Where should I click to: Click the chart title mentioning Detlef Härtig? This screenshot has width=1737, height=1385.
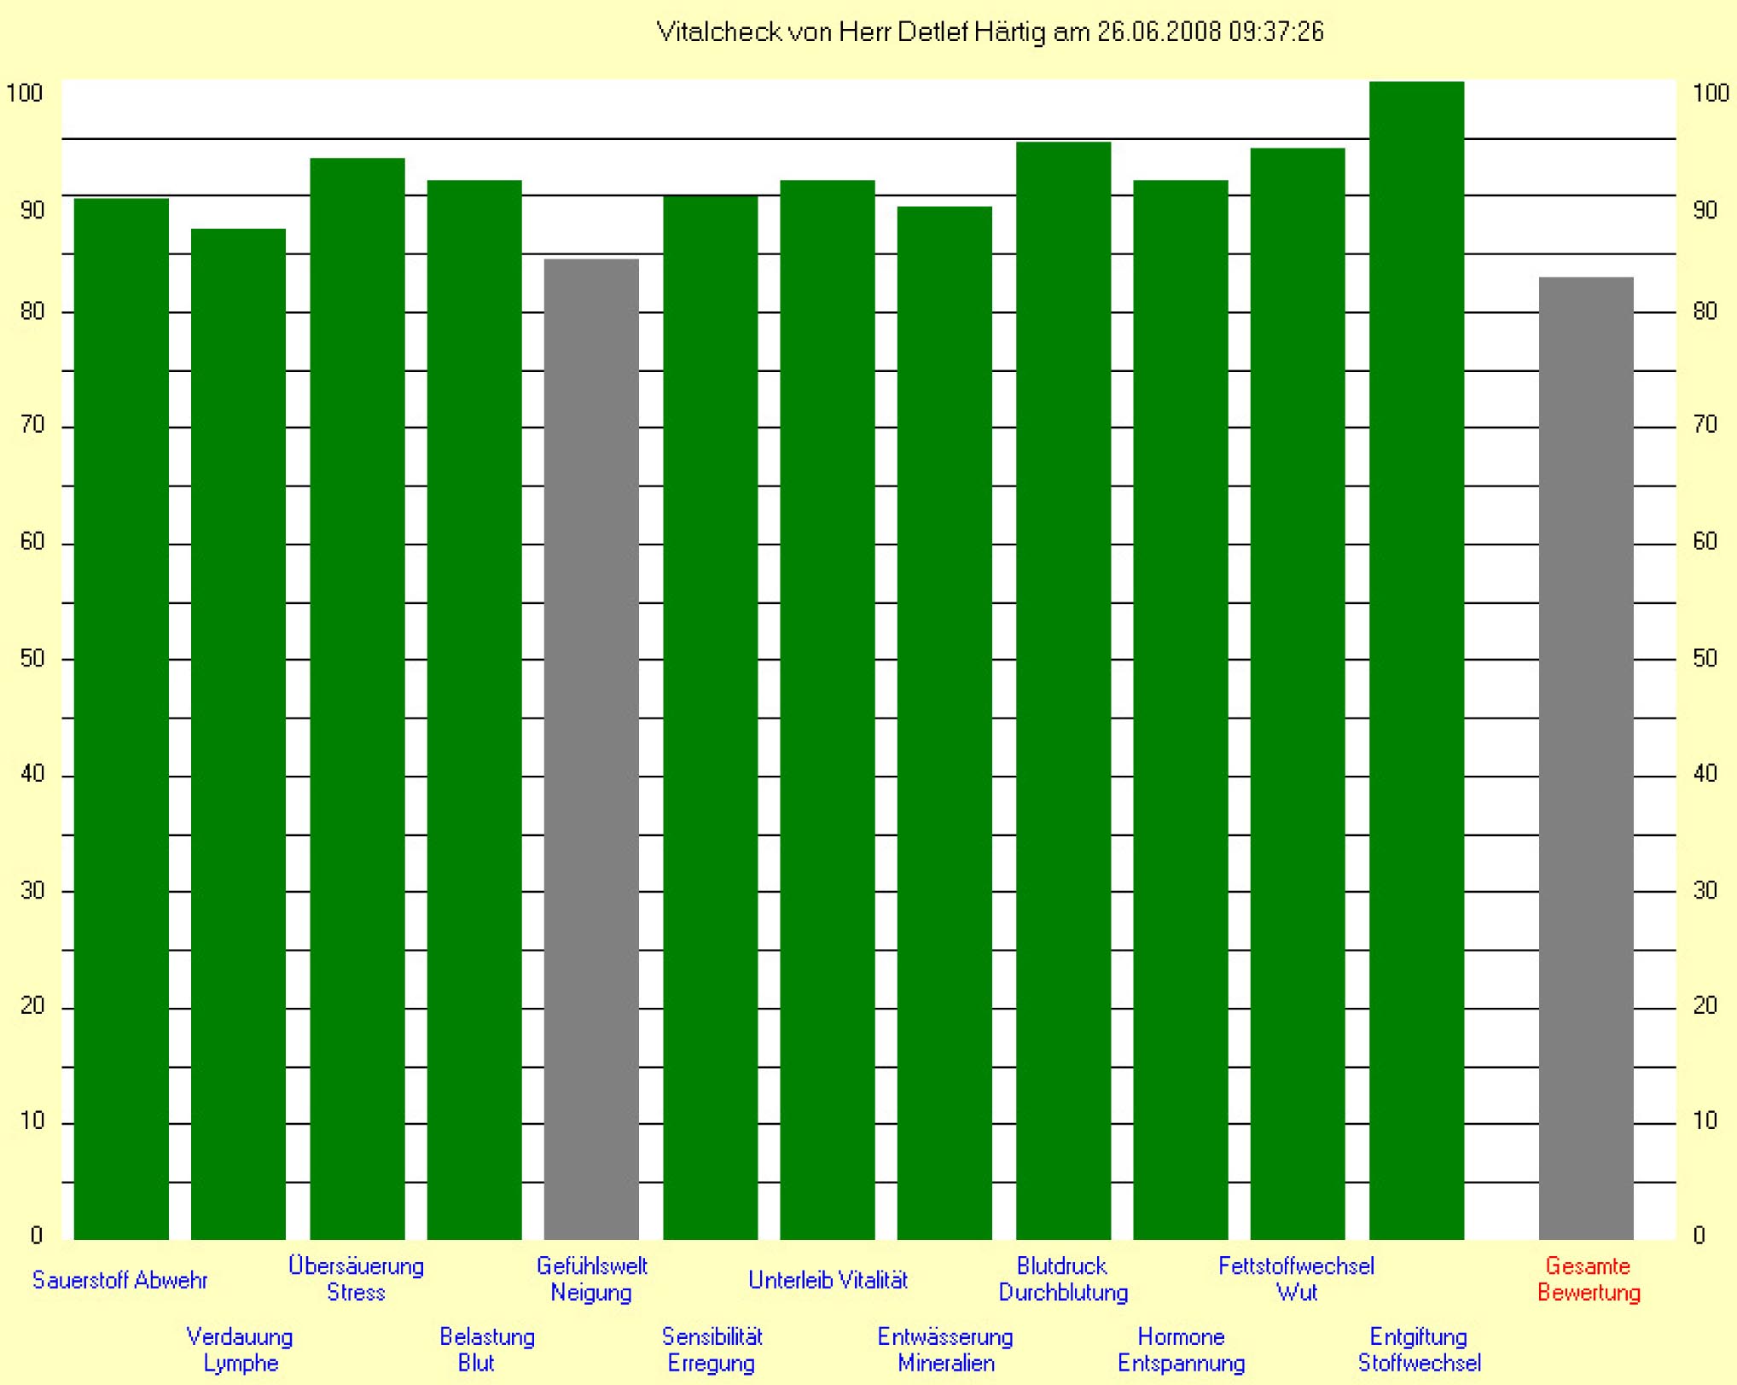990,32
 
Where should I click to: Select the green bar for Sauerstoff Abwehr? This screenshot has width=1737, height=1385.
121,717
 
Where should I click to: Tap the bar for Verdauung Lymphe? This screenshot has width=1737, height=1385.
238,734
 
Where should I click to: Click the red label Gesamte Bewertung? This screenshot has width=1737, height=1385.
1588,1279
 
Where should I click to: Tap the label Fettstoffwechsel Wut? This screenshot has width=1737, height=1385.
1296,1279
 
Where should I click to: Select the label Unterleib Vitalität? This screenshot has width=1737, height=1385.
828,1280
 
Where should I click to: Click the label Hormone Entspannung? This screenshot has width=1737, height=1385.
1181,1349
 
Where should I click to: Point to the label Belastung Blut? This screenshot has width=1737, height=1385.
486,1349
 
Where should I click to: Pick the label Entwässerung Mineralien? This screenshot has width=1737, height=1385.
945,1349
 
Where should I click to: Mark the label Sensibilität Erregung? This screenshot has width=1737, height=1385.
712,1349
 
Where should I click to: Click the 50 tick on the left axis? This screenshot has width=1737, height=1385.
32,659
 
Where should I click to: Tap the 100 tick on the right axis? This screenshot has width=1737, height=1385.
1710,93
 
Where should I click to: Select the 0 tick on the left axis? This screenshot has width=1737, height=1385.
36,1235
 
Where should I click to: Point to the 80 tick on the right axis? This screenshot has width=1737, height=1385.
1705,311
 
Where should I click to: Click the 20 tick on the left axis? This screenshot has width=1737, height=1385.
32,1006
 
